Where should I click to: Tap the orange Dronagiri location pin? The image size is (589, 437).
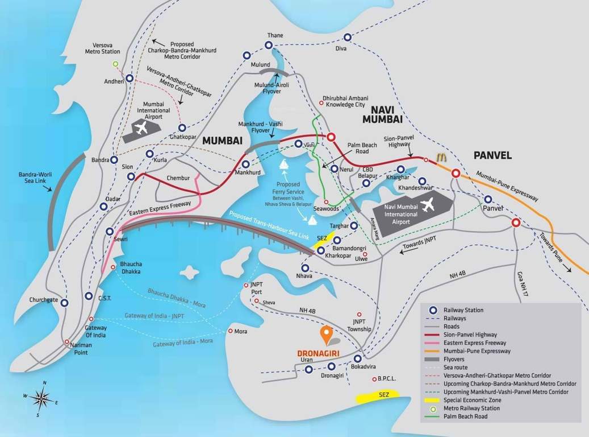click(x=326, y=335)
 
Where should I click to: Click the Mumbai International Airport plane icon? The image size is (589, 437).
click(x=141, y=127)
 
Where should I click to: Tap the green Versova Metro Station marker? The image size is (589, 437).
click(x=115, y=64)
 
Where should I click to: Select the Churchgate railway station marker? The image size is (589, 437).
click(x=64, y=303)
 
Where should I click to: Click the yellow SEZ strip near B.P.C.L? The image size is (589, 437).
click(x=378, y=397)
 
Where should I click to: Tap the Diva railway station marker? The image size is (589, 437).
click(x=347, y=37)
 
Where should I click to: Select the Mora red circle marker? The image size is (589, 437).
click(x=230, y=331)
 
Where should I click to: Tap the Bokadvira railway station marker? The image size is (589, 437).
click(x=357, y=359)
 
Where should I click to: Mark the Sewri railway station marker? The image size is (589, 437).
click(x=110, y=231)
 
